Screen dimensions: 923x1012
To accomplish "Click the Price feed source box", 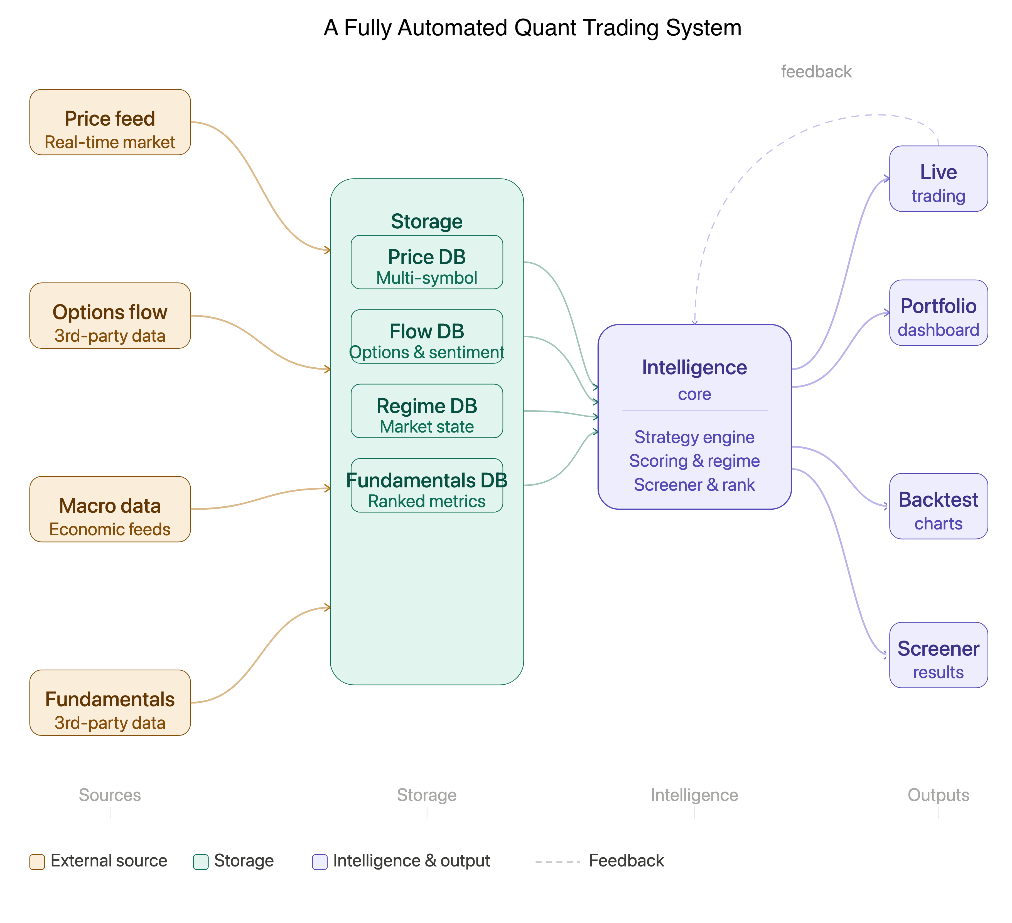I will tap(110, 122).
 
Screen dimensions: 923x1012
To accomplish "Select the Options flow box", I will tap(110, 316).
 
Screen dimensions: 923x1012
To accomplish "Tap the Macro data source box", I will tap(110, 509).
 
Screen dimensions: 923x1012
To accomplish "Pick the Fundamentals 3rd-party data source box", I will tap(110, 702).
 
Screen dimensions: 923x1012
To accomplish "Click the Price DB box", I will tap(427, 262).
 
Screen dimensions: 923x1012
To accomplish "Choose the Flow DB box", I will tap(427, 336).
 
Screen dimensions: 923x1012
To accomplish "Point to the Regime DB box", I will tap(427, 411).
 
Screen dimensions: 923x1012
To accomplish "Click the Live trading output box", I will tap(938, 179).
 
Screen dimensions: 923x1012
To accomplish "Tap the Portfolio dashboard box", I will tap(938, 312).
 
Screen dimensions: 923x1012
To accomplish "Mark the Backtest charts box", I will tap(938, 506).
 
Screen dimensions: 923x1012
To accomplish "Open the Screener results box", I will tap(938, 655).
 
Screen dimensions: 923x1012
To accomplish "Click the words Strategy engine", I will tap(694, 437).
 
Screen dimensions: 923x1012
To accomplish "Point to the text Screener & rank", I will tap(694, 485).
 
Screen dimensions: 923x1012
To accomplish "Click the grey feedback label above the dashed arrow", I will tap(816, 72).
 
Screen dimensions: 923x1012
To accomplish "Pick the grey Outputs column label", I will tap(938, 795).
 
